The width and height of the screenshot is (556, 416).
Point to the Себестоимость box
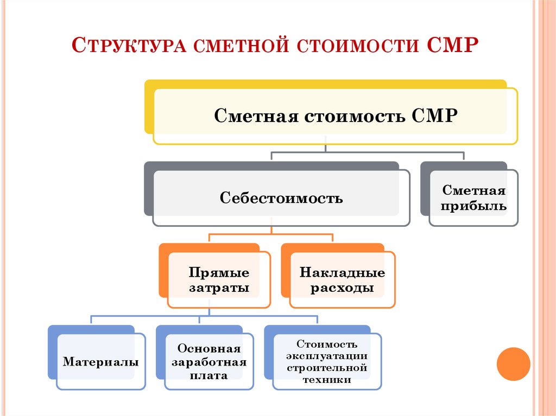click(x=281, y=198)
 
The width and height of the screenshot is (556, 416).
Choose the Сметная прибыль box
click(x=474, y=199)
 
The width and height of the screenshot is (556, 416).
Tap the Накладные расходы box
click(x=342, y=280)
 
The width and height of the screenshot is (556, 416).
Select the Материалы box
click(x=101, y=361)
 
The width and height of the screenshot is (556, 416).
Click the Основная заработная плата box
click(x=209, y=362)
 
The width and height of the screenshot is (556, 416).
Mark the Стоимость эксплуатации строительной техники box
click(x=327, y=362)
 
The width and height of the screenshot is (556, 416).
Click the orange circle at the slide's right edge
click(x=513, y=363)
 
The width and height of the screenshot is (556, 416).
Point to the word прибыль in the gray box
click(x=474, y=207)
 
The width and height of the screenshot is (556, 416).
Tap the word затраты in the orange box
click(x=219, y=288)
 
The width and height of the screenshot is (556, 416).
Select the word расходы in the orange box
click(x=342, y=288)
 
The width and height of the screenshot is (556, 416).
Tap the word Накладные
click(x=342, y=272)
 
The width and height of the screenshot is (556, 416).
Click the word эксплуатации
click(x=327, y=356)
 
